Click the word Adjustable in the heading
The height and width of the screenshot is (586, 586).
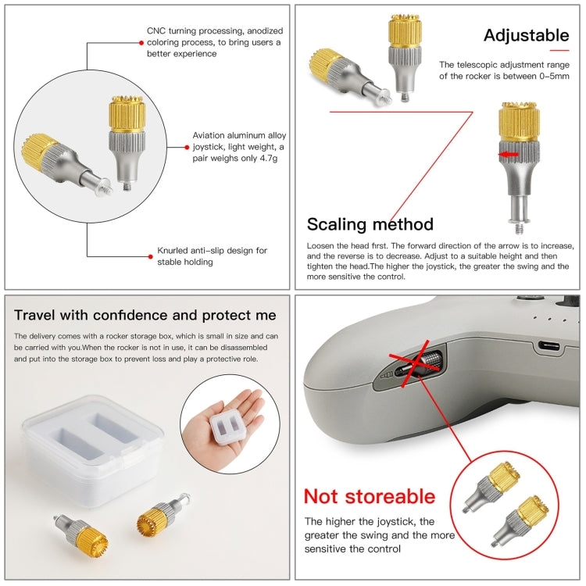point(526,35)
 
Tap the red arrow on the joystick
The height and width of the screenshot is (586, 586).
point(509,154)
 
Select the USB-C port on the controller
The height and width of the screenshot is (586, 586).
point(549,345)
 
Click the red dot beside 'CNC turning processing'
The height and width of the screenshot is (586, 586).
point(141,43)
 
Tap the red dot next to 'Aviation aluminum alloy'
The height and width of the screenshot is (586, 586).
point(187,147)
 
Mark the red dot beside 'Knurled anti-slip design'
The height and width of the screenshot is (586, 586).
point(151,256)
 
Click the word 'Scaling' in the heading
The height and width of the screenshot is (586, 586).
point(336,225)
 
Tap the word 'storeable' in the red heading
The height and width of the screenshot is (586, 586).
point(390,497)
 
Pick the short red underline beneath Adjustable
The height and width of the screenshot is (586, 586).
point(559,50)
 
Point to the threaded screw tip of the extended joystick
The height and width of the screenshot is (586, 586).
point(519,228)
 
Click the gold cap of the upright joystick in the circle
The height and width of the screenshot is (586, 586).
point(127,114)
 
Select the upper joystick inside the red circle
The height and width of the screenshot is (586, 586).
point(491,486)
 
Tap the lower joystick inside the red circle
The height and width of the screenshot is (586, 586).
point(520,521)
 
